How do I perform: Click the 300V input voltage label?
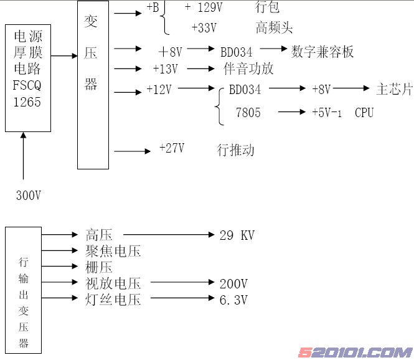click(x=28, y=195)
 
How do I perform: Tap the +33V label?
click(x=204, y=28)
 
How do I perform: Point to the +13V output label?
click(x=165, y=69)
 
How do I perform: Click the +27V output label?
click(x=172, y=148)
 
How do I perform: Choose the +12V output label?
click(x=159, y=90)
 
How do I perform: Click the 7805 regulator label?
click(x=248, y=113)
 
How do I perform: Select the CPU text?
click(x=364, y=113)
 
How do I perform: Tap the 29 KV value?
click(x=237, y=235)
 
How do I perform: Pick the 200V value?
click(x=233, y=284)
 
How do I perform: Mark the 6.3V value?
click(x=233, y=300)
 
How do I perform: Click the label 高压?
click(x=99, y=235)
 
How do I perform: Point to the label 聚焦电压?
click(x=113, y=252)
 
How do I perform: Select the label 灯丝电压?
click(x=113, y=300)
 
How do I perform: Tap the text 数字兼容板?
click(x=322, y=51)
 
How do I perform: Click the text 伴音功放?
click(x=248, y=69)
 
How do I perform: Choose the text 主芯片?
click(x=394, y=90)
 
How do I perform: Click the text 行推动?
click(x=235, y=149)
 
